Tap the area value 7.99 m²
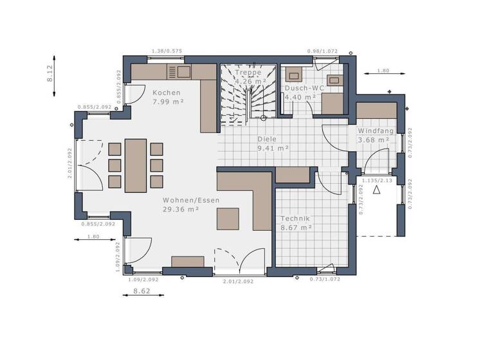pyautogui.click(x=168, y=102)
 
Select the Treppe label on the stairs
pyautogui.click(x=248, y=73)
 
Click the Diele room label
pyautogui.click(x=268, y=138)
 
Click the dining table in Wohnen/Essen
pyautogui.click(x=136, y=165)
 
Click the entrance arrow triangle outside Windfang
pyautogui.click(x=377, y=189)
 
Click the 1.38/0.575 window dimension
pyautogui.click(x=167, y=51)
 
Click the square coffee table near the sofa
pyautogui.click(x=228, y=219)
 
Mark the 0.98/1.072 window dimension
pyautogui.click(x=323, y=51)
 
